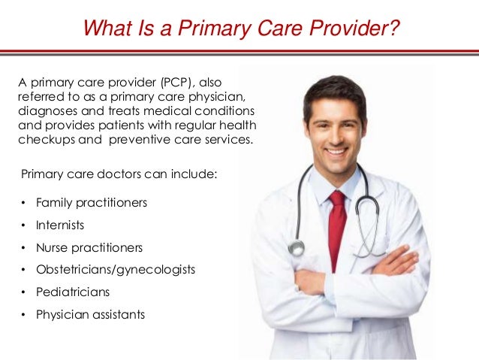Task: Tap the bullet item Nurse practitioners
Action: pyautogui.click(x=89, y=247)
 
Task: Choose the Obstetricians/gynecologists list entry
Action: pyautogui.click(x=115, y=269)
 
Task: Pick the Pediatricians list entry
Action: pyautogui.click(x=73, y=292)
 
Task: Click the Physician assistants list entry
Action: pyautogui.click(x=90, y=314)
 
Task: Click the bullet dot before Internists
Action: pyautogui.click(x=23, y=225)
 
